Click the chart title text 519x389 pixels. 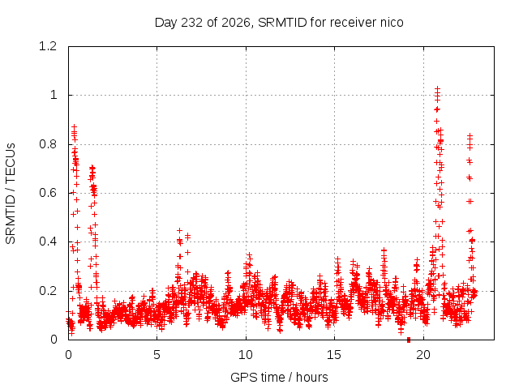pos(279,23)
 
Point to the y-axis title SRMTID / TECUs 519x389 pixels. pos(11,194)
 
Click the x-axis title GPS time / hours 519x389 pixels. pos(279,378)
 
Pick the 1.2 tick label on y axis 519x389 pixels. pos(48,46)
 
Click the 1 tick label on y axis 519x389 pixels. pos(54,96)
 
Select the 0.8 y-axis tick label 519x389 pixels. pos(48,144)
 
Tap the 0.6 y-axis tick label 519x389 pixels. pos(48,193)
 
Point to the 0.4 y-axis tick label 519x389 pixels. pos(48,242)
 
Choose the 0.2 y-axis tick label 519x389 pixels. pos(48,291)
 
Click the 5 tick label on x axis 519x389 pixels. pos(157,355)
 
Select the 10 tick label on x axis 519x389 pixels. pos(246,355)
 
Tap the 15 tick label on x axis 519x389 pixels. pos(334,355)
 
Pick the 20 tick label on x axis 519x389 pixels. pos(423,355)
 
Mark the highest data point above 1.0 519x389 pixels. pos(438,88)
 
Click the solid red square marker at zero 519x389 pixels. pos(409,340)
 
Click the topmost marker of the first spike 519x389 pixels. pos(75,126)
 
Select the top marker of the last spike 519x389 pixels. pos(470,135)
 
